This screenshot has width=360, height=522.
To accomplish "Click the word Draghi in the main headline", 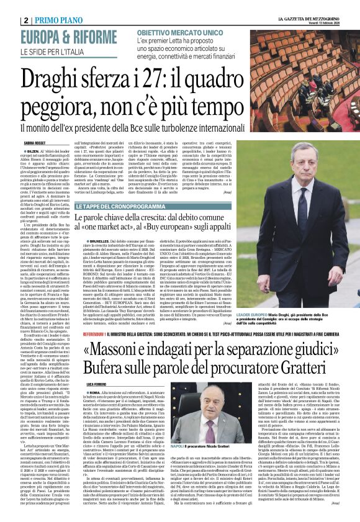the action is [x=55, y=79].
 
